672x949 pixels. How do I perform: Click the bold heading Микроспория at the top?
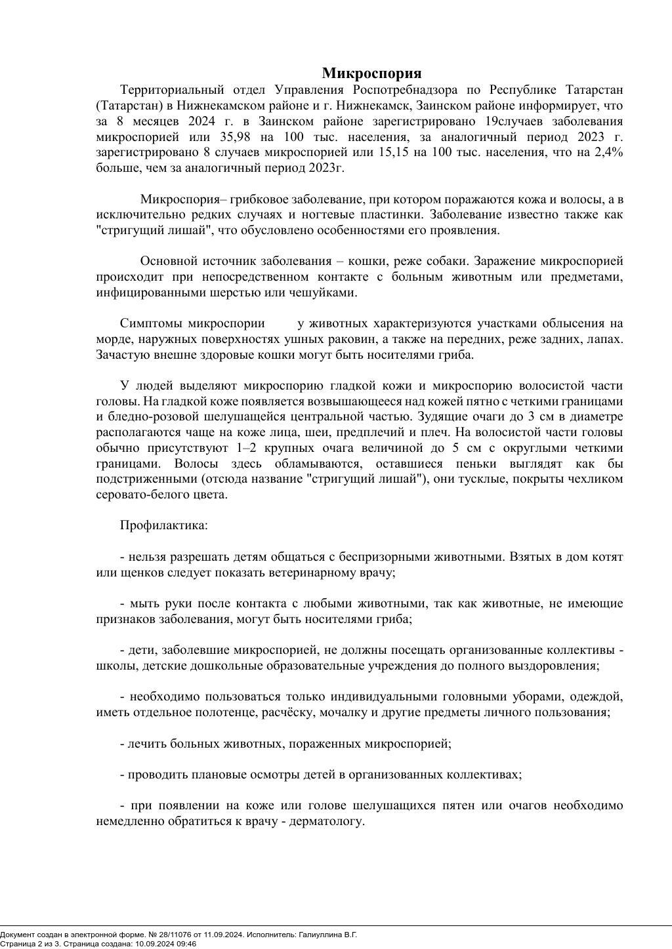[x=371, y=73]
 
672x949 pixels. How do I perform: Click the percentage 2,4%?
[x=608, y=152]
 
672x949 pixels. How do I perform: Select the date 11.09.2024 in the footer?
[x=215, y=934]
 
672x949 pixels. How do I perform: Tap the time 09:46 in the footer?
[x=186, y=944]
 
